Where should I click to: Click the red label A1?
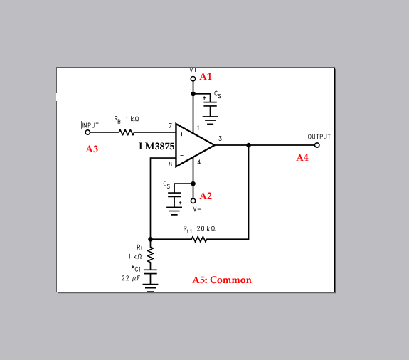(x=206, y=76)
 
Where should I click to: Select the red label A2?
(x=206, y=196)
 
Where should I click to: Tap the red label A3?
(x=92, y=149)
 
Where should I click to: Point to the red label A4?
(x=302, y=157)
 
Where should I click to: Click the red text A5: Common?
(x=222, y=280)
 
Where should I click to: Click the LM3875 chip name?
(x=156, y=146)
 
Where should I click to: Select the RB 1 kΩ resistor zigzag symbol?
(x=127, y=132)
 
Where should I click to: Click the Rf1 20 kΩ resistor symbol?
(x=199, y=239)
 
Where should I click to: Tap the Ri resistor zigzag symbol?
(x=150, y=255)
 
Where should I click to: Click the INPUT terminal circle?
(x=88, y=132)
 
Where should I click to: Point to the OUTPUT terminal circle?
(x=317, y=145)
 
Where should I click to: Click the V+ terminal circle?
(x=193, y=79)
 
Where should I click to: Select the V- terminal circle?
(x=193, y=201)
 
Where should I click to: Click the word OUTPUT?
(x=319, y=137)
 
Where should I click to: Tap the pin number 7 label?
(x=170, y=126)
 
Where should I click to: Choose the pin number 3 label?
(x=221, y=139)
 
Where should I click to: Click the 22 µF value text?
(x=131, y=278)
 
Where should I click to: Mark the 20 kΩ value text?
(x=206, y=228)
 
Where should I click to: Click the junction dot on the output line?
(x=248, y=145)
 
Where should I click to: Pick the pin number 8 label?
(x=170, y=164)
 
